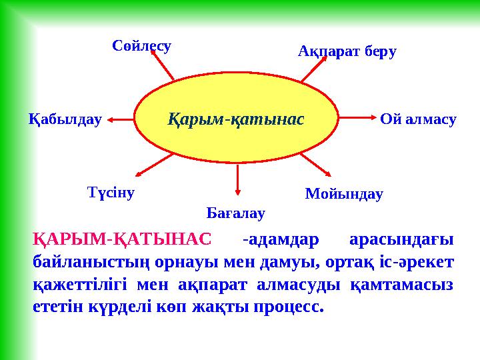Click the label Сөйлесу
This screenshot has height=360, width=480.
141,46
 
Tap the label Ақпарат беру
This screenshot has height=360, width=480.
347,51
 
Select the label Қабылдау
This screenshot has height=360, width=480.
65,119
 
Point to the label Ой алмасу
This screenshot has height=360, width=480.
418,119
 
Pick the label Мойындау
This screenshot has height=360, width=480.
344,194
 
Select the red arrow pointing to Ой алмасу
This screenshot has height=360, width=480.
354,119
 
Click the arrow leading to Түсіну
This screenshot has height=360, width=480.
155,166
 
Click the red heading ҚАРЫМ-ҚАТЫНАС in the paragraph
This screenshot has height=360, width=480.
122,239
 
